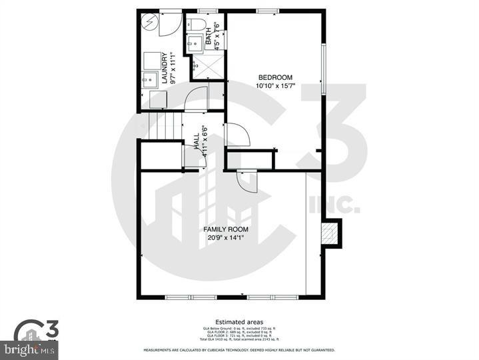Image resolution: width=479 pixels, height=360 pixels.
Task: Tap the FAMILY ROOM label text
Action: (226, 229)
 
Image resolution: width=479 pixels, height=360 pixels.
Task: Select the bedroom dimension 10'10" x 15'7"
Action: (275, 86)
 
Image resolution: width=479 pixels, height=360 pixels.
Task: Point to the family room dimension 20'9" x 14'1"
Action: (226, 238)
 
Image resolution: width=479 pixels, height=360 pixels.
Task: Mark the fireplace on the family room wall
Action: (330, 234)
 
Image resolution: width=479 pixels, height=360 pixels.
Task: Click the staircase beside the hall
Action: (163, 126)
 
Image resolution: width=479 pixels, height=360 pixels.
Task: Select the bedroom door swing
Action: (237, 136)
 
